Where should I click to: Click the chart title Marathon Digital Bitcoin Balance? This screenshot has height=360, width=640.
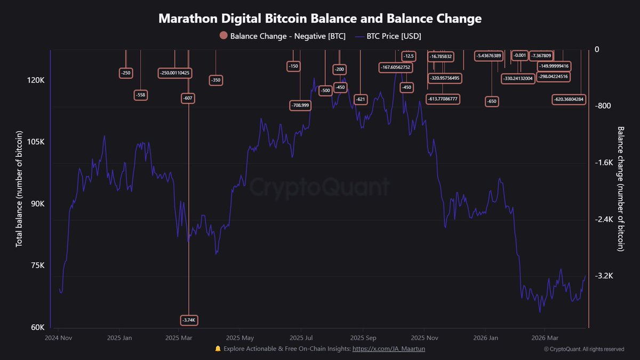[x=320, y=19]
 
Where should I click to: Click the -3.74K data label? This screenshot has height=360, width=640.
[x=189, y=320]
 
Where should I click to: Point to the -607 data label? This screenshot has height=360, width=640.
[x=187, y=98]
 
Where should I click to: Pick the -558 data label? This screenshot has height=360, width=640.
[x=141, y=95]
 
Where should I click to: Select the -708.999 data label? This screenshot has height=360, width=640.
[x=300, y=105]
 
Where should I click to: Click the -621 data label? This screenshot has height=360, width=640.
[x=361, y=99]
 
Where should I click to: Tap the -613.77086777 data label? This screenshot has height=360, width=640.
[x=443, y=99]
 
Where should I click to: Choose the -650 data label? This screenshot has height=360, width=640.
[x=491, y=101]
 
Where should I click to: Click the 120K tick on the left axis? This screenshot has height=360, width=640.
[x=34, y=80]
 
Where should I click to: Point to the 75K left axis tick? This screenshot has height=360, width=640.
[x=35, y=266]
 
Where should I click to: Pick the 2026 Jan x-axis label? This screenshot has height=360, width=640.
[x=485, y=338]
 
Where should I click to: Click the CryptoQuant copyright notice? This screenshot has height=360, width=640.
[x=584, y=349]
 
